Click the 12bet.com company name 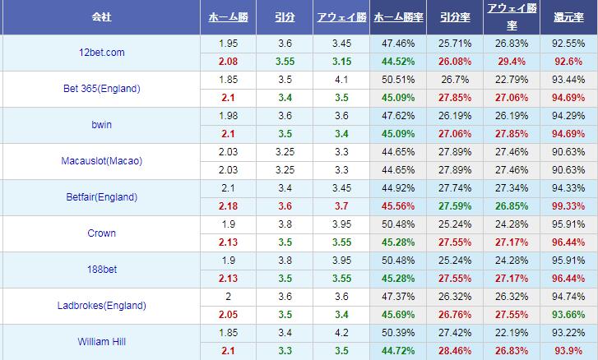[x=102, y=53]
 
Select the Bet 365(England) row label [x=102, y=89]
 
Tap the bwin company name [x=102, y=125]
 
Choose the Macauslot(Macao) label [x=102, y=161]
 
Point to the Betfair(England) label [x=102, y=197]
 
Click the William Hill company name [x=102, y=341]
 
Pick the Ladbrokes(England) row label [x=102, y=306]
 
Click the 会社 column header [x=102, y=16]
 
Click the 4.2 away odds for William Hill [x=341, y=332]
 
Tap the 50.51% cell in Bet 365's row [x=398, y=79]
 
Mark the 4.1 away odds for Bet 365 [x=341, y=79]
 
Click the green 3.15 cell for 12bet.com [x=341, y=61]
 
